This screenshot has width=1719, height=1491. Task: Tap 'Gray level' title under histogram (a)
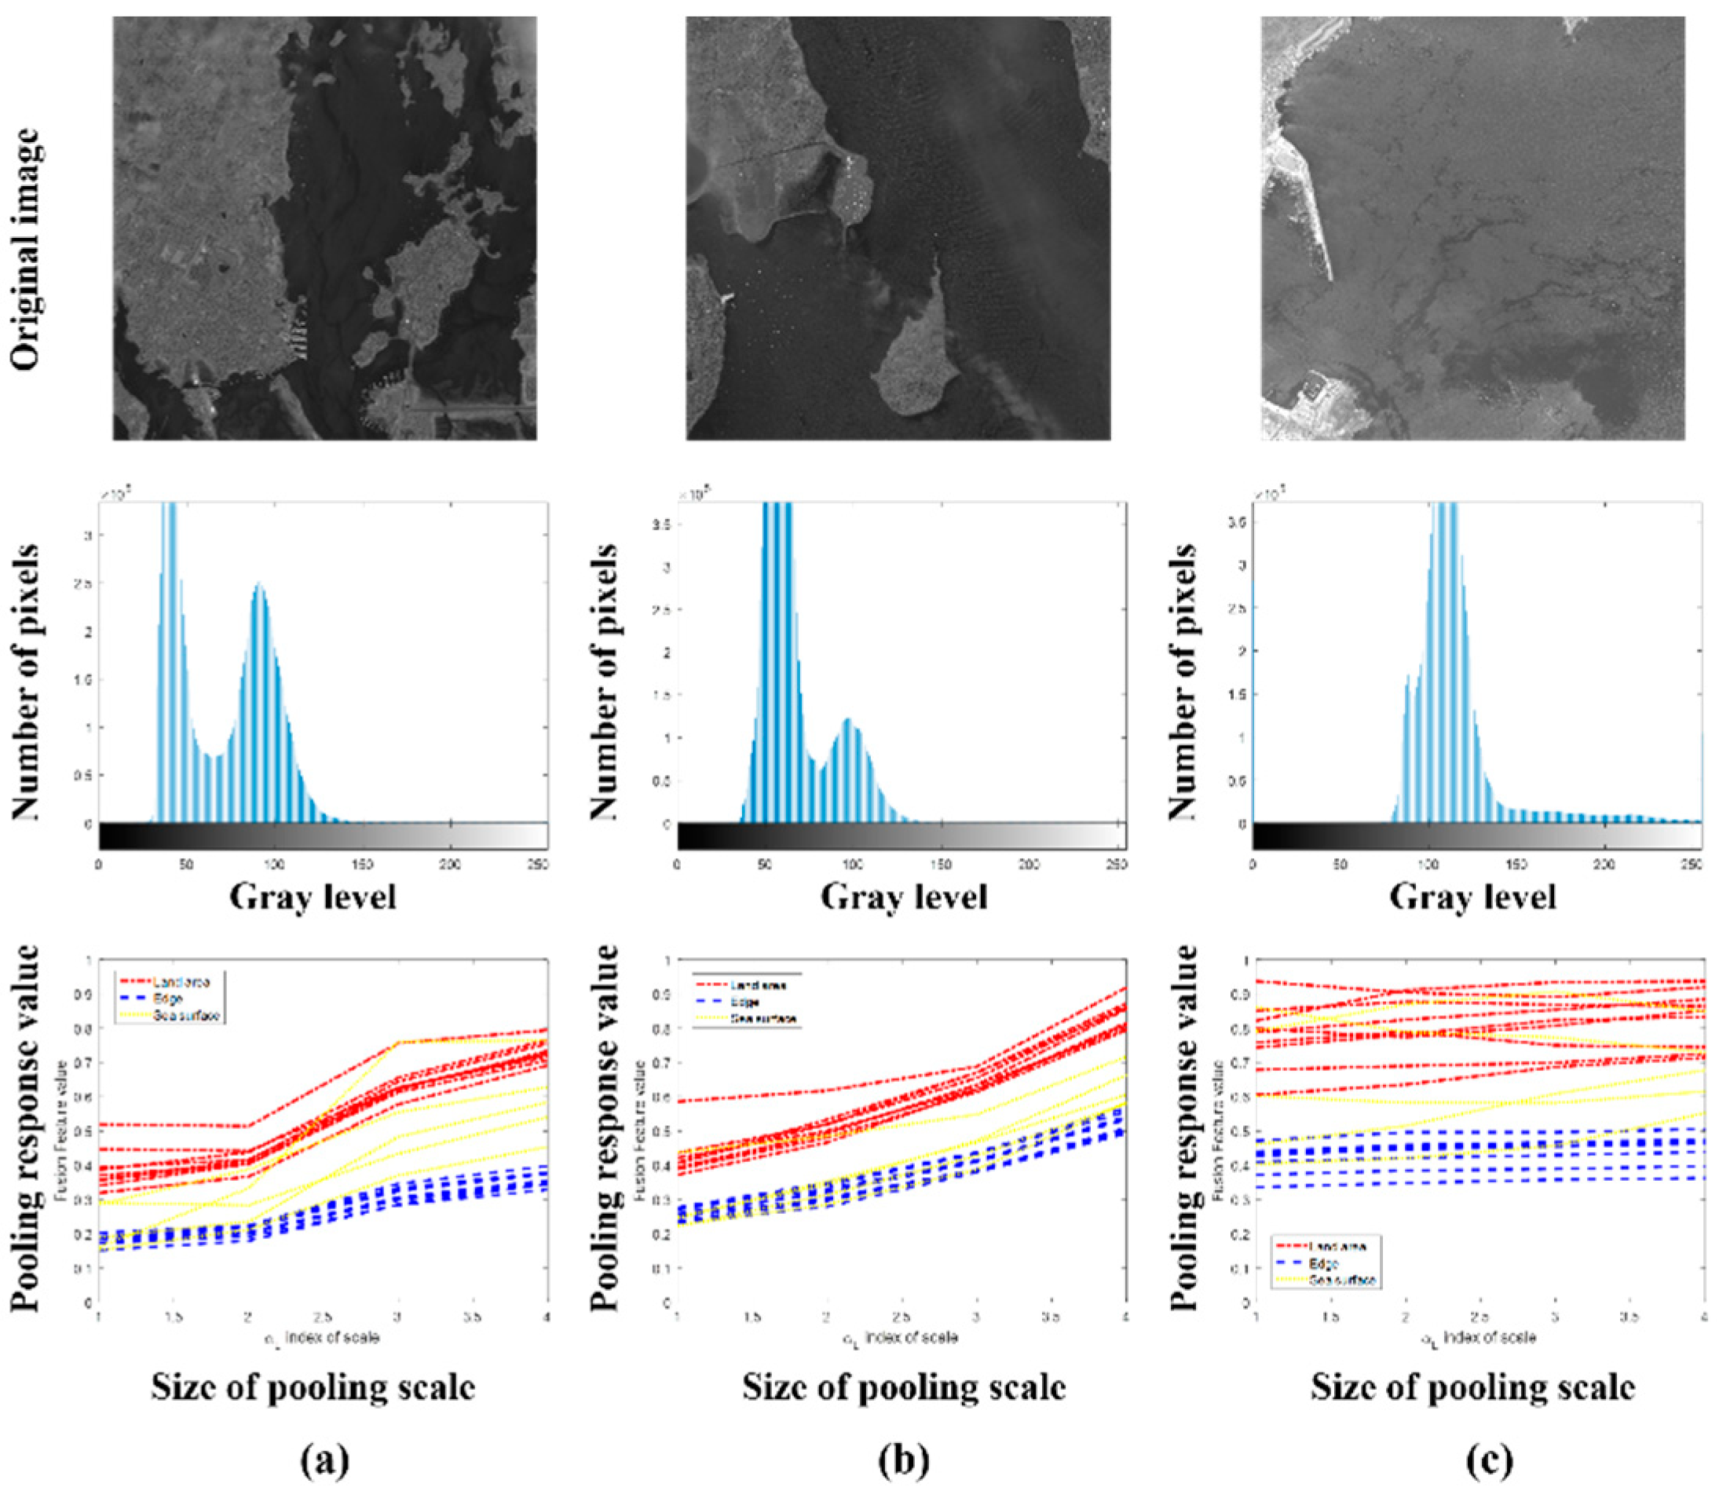313,897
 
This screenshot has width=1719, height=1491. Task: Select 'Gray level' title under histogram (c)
1472,897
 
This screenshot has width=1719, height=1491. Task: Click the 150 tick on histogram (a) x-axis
362,865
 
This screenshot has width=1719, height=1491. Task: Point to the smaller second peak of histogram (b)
849,721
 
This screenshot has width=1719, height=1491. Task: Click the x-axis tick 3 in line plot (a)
397,1318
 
